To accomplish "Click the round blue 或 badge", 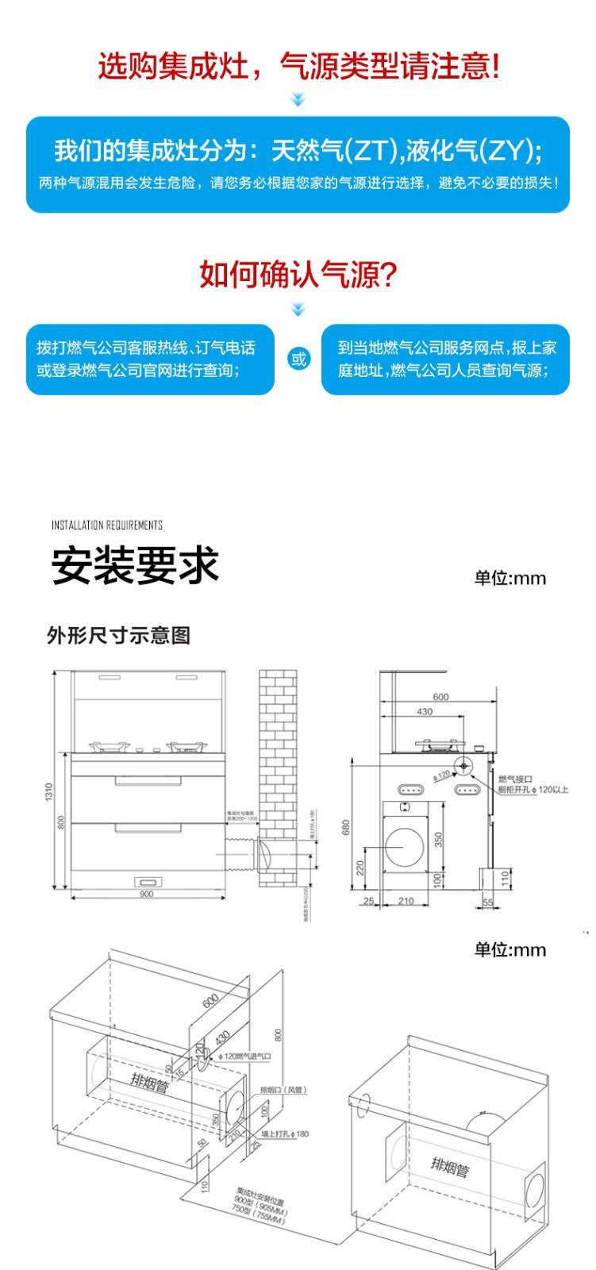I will point(298,359).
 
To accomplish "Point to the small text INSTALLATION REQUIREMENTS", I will point(107,525).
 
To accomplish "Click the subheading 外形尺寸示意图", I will point(119,636).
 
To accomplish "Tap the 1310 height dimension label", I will point(49,791).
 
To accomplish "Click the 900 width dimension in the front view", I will point(147,894).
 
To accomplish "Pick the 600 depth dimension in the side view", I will point(440,697).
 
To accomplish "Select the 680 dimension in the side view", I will point(346,826).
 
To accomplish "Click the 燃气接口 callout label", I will point(515,779).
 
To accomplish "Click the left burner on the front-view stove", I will point(108,746).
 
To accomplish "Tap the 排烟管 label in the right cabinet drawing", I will point(450,1167).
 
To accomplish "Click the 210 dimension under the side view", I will point(406,901).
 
